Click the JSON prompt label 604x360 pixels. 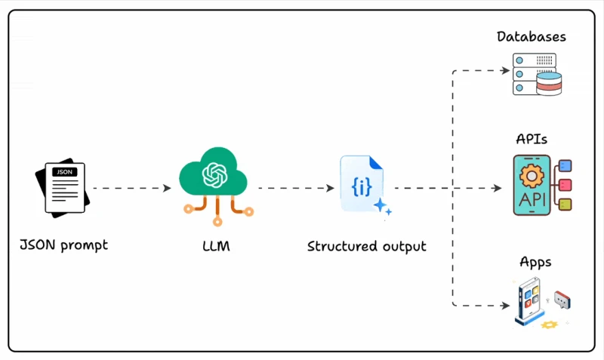(x=64, y=245)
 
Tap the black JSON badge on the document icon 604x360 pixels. (x=64, y=172)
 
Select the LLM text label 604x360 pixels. (x=216, y=246)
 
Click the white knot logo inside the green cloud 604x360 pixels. (x=215, y=175)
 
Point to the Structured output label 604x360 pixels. (x=367, y=247)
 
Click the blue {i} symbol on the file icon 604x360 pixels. (x=362, y=187)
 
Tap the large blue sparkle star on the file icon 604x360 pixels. (x=380, y=205)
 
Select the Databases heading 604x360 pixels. (x=532, y=37)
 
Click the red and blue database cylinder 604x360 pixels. (x=549, y=84)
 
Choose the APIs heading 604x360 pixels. (x=532, y=139)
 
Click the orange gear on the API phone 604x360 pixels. (x=532, y=177)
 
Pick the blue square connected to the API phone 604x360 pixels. (x=565, y=166)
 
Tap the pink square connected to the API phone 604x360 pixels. (x=565, y=185)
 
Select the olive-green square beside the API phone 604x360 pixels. (x=565, y=204)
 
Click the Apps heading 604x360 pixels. (x=535, y=263)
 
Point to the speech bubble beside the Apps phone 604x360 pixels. (x=562, y=300)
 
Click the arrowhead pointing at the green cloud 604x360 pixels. (x=167, y=188)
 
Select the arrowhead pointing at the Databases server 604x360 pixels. (x=506, y=70)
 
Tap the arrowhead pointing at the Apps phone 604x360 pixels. (x=506, y=306)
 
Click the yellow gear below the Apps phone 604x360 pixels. (x=550, y=325)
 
